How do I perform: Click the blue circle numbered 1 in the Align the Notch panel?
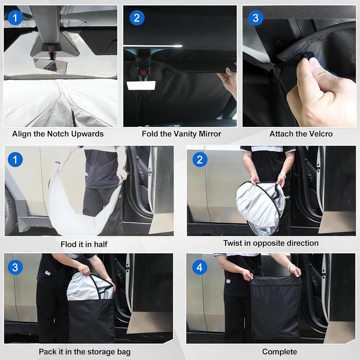point(15,18)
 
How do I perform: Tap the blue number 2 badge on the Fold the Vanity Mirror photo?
point(137,18)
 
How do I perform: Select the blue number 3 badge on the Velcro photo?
point(256,18)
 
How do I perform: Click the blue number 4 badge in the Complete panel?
point(199,267)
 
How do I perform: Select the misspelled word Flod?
point(68,244)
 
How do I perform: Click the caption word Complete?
point(279,352)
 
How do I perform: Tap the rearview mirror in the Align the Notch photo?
point(50,66)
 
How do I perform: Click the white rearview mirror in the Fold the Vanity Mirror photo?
point(141,85)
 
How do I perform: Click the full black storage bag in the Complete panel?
point(275,308)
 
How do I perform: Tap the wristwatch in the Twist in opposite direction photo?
point(283,176)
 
